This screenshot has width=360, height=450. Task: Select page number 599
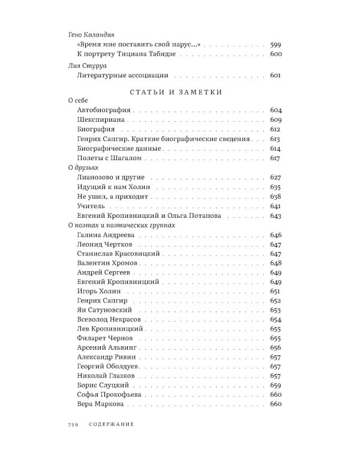tap(276, 45)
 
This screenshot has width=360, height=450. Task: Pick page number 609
tap(276, 120)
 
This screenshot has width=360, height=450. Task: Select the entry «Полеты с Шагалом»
tap(110, 158)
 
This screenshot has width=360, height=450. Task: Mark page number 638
tap(276, 196)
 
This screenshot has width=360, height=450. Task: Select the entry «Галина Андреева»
tap(106, 235)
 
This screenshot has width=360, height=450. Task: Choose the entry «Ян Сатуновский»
tap(104, 310)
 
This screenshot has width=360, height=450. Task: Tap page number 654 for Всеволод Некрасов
tap(276, 320)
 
